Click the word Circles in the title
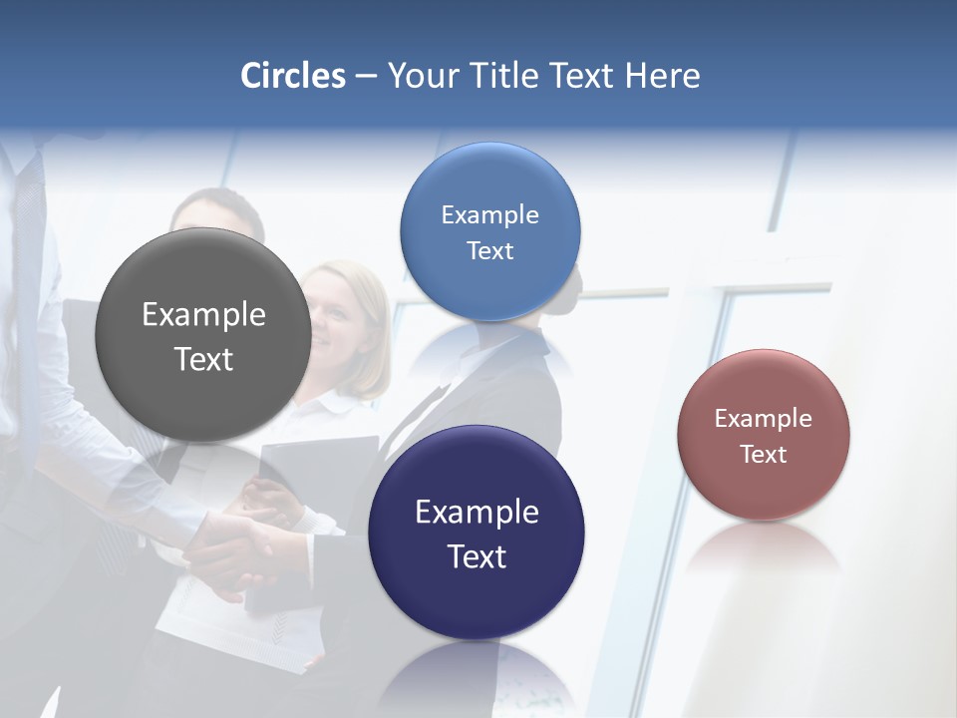point(293,76)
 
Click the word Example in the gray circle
point(203,315)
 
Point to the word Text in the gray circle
point(203,359)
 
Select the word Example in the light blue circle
point(489,215)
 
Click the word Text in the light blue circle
point(489,250)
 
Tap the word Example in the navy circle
point(477,513)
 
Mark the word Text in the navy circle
point(477,556)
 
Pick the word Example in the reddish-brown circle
point(764,419)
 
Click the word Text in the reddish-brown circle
point(764,455)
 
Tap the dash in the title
point(366,77)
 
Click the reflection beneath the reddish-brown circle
point(764,548)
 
